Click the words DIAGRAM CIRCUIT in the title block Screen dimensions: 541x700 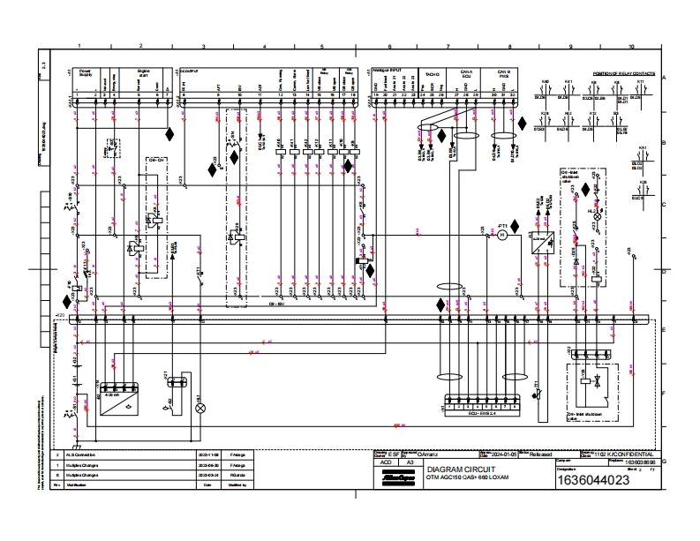pos(452,470)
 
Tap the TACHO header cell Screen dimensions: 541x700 pos(433,74)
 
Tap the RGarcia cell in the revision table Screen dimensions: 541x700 pos(237,475)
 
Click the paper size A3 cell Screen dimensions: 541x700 pos(409,462)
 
